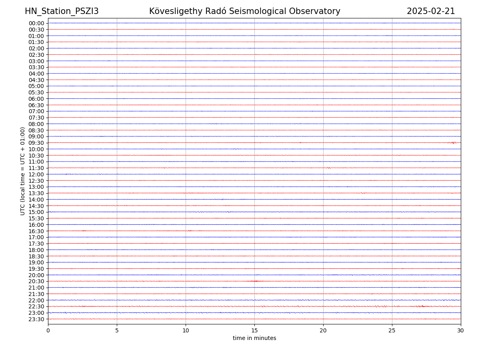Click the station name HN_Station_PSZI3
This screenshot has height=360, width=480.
62,11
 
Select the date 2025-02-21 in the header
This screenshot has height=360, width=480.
431,11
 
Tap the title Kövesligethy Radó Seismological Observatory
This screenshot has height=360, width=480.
244,11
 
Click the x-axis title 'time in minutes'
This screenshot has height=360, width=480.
254,338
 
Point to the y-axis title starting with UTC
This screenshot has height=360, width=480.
23,171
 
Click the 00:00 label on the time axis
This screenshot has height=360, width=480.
36,23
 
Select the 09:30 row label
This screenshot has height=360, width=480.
36,143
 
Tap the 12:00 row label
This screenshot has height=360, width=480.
36,174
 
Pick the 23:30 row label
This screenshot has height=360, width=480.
36,319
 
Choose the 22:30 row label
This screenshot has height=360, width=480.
36,306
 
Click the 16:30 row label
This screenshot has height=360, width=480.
36,231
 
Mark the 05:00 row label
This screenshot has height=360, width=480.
36,86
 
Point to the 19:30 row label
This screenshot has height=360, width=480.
36,269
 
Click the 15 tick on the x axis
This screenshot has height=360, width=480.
254,330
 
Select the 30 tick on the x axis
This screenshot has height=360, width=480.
461,330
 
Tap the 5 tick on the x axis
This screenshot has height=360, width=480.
117,330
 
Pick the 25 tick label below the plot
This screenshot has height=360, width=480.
392,330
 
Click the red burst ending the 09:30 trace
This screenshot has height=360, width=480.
453,143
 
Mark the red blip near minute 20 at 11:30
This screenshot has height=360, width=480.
328,168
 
